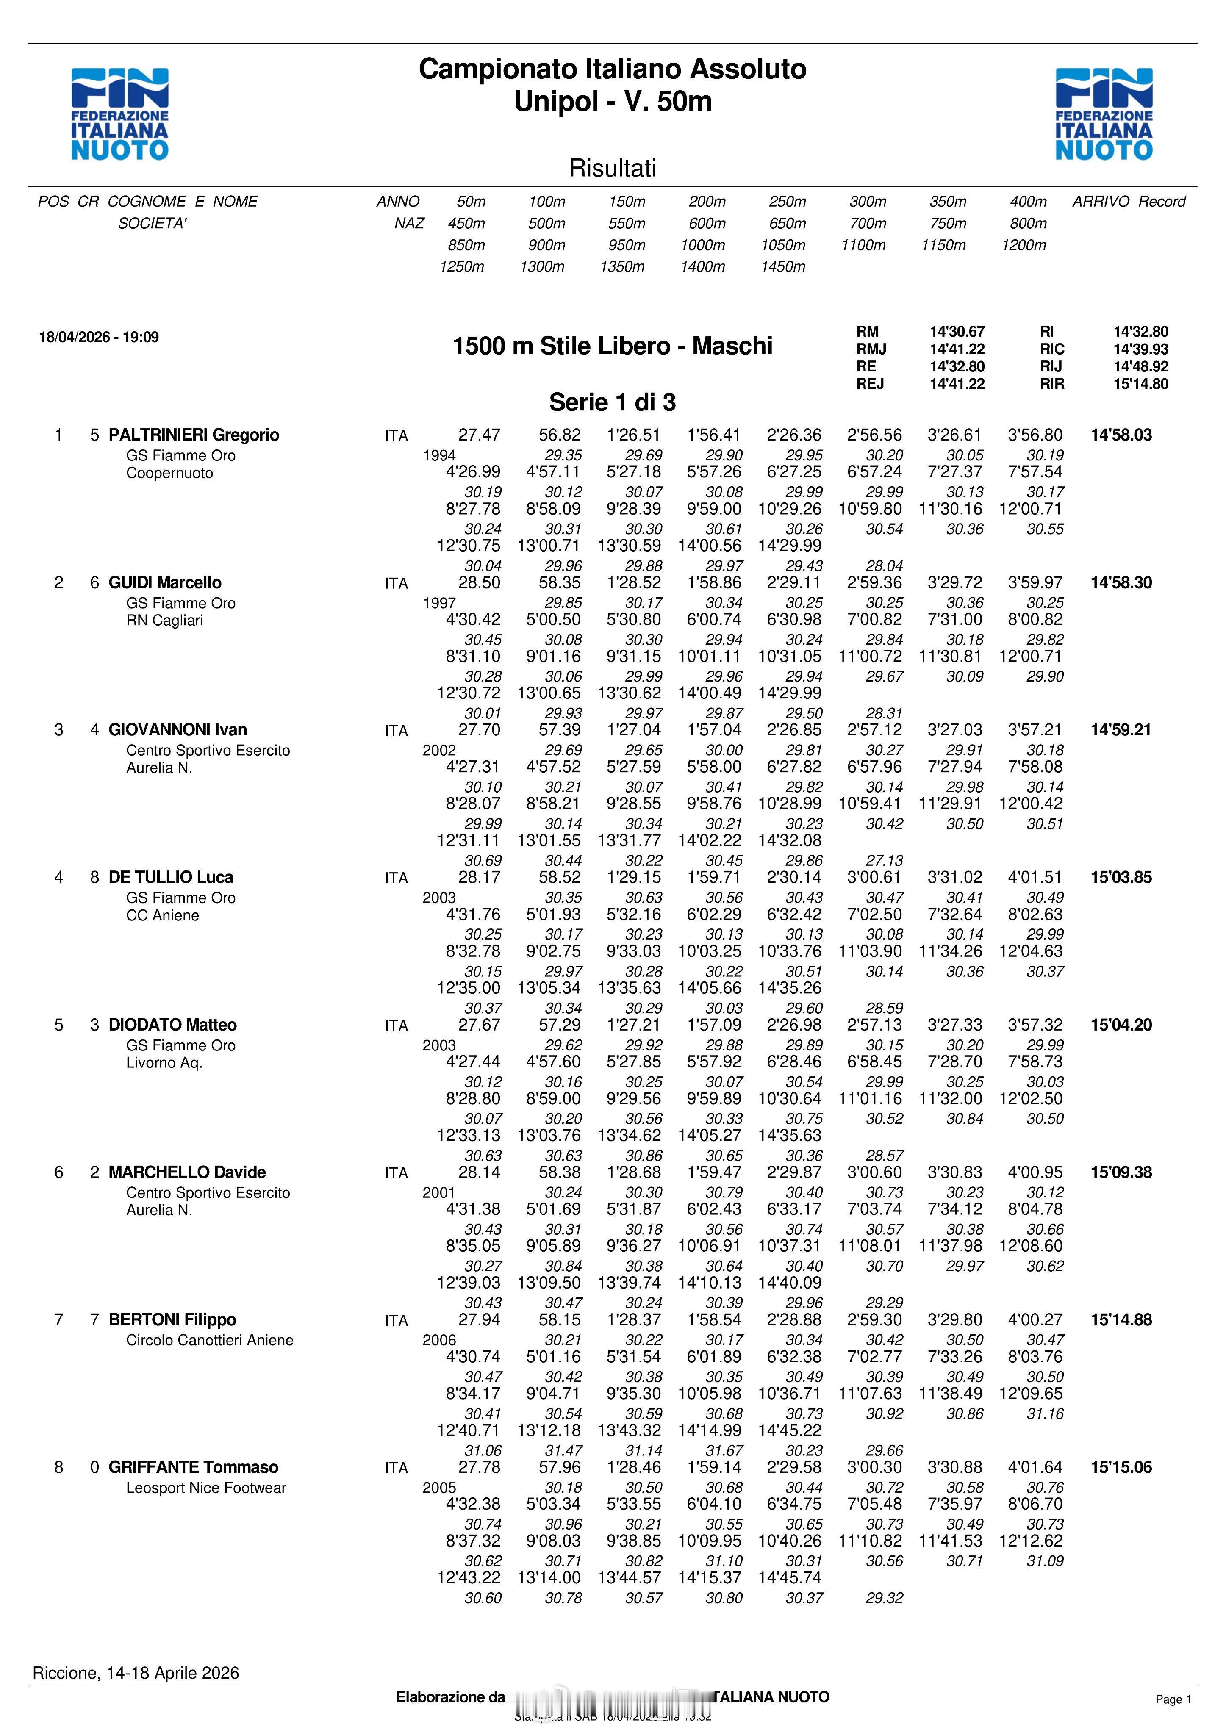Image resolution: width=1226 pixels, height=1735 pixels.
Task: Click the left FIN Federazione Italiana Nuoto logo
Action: point(119,114)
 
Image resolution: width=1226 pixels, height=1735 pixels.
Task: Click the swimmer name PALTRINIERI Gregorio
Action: point(194,435)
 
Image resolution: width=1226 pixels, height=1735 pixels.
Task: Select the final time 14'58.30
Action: point(1121,582)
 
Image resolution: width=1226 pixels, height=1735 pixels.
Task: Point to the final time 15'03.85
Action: point(1121,877)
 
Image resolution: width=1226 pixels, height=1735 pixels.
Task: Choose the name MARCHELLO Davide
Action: point(187,1173)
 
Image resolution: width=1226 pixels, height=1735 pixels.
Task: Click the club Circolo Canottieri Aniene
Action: point(209,1341)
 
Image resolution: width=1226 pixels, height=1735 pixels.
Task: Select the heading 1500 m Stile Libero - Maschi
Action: point(612,346)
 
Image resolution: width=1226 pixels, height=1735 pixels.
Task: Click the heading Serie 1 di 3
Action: point(612,402)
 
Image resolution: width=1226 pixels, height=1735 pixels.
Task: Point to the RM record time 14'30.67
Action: point(957,332)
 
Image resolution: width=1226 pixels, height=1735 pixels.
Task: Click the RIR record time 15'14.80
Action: point(1140,384)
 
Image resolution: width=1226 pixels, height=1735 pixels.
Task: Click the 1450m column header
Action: point(783,267)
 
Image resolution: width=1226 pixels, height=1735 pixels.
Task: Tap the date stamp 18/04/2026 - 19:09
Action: point(99,337)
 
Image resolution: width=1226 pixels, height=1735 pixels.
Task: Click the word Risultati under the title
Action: point(612,168)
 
